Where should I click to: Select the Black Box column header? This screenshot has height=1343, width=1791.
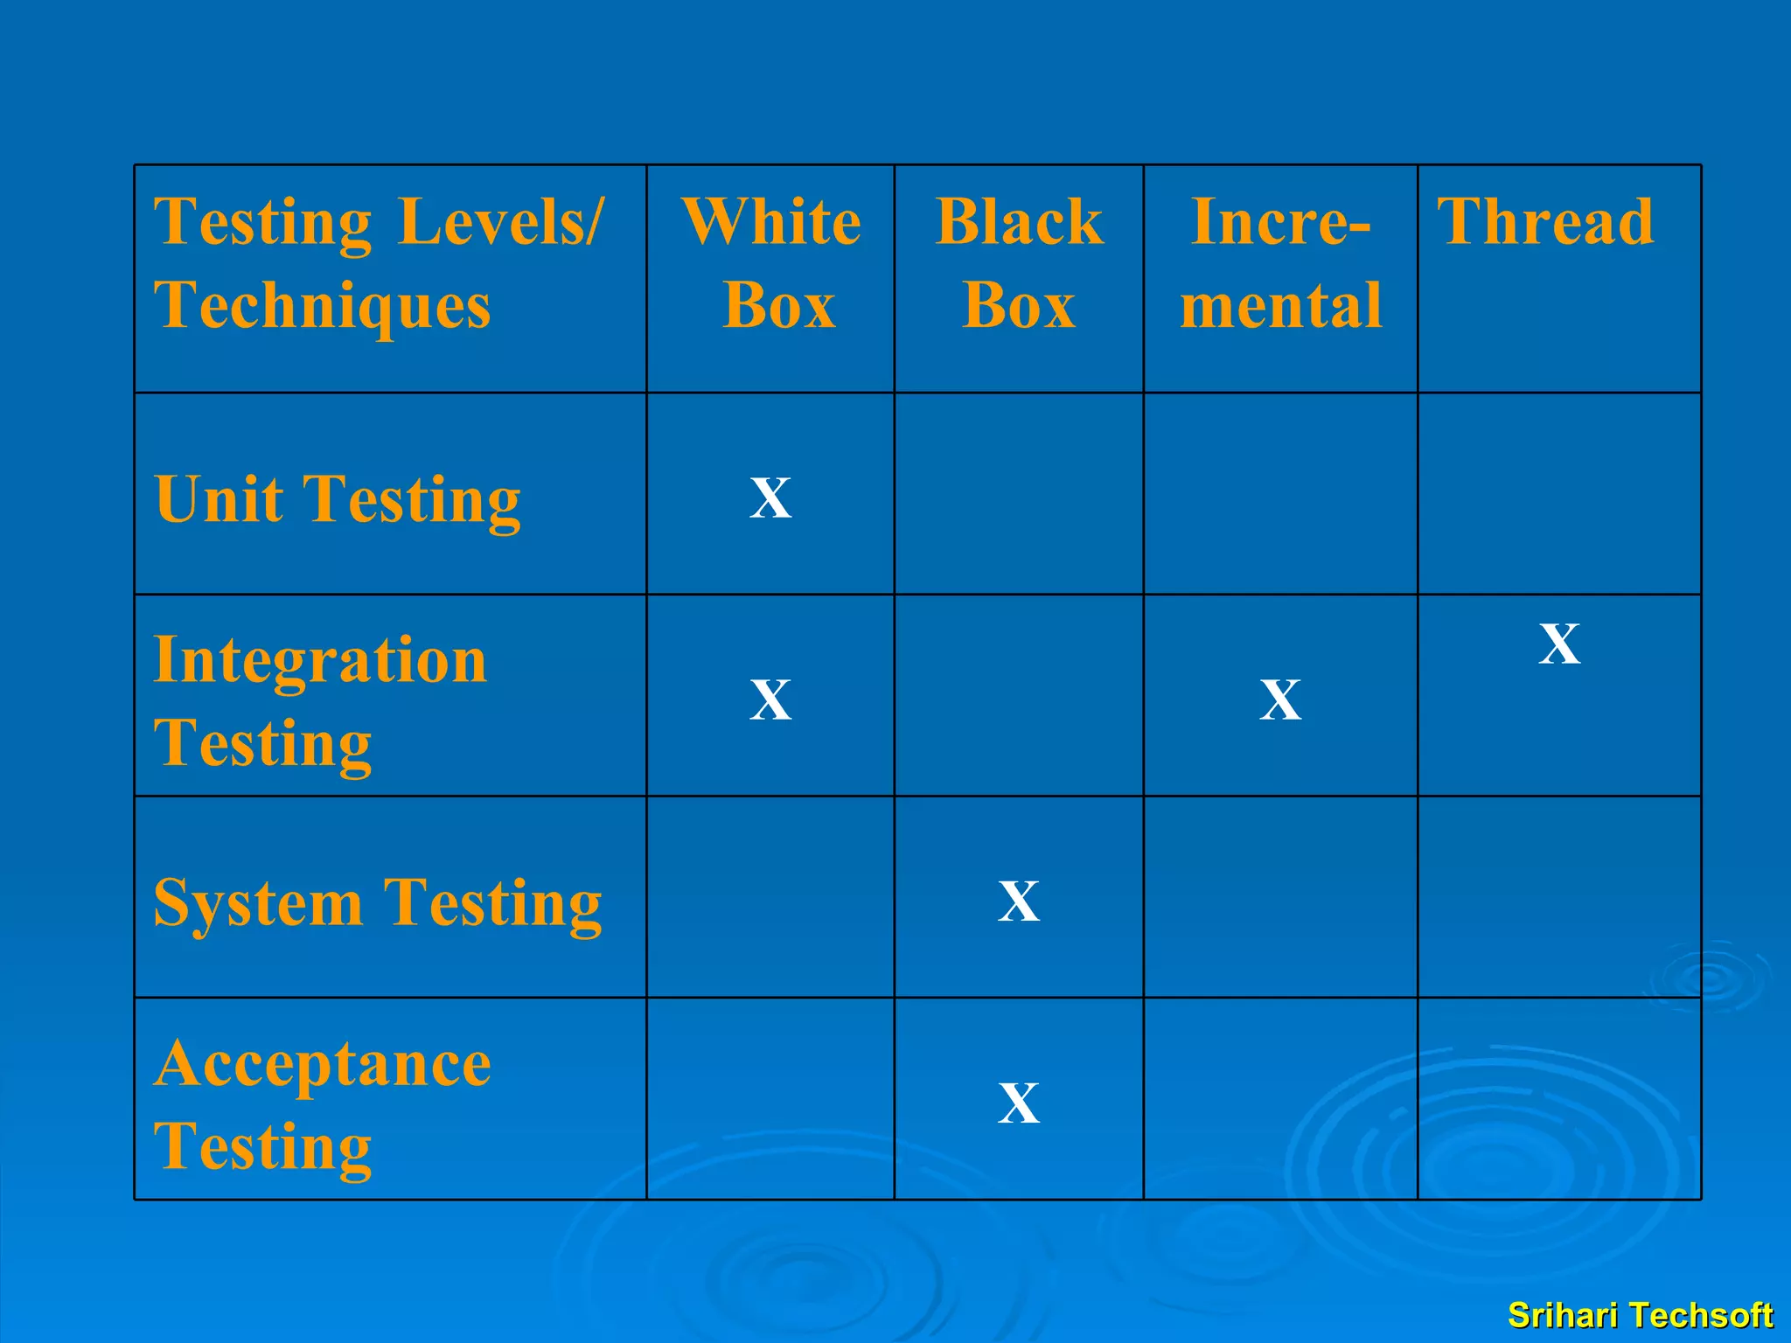coord(1019,262)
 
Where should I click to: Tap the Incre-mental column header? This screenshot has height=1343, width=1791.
coord(1281,262)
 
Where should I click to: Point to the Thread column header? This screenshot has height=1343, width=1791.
coord(1546,222)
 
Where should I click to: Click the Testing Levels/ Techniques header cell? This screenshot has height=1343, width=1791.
coord(378,262)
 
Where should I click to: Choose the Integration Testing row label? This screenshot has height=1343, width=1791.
coord(320,701)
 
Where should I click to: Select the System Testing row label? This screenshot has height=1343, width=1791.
coord(378,902)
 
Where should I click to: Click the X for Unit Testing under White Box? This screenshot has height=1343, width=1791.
coord(770,498)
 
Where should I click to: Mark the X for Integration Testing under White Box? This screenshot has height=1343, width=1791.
coord(770,699)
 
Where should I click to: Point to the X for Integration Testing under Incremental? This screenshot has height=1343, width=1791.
coord(1280,699)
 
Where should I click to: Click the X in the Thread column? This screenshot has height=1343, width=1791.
coord(1559,644)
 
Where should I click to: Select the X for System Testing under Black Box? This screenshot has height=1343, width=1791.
coord(1019,901)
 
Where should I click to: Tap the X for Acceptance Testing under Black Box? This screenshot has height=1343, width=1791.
coord(1019,1103)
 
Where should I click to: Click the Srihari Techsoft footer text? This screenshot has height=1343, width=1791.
coord(1640,1315)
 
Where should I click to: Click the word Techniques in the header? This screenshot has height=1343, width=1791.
coord(322,306)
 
